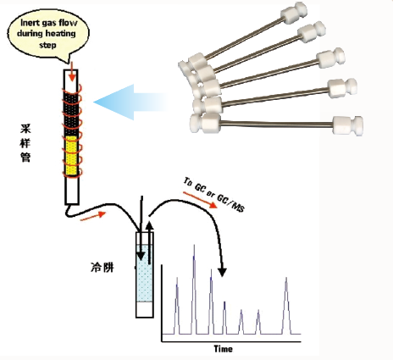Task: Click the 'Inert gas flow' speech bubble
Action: pos(48,34)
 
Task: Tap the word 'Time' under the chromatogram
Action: pos(223,349)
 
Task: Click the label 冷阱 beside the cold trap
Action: pos(102,267)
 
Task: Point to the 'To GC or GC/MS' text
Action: pos(214,195)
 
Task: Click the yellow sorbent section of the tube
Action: pos(72,155)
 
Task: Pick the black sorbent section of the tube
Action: pos(72,114)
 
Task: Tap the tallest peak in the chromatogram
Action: pos(194,290)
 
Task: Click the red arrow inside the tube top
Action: pos(72,72)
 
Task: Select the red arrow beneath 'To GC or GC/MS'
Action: pos(200,200)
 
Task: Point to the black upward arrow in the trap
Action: pos(149,243)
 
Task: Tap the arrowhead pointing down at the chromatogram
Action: pos(222,272)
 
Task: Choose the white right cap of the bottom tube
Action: pos(348,125)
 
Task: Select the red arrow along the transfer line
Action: pos(93,216)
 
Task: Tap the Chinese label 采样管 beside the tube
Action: pos(25,143)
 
